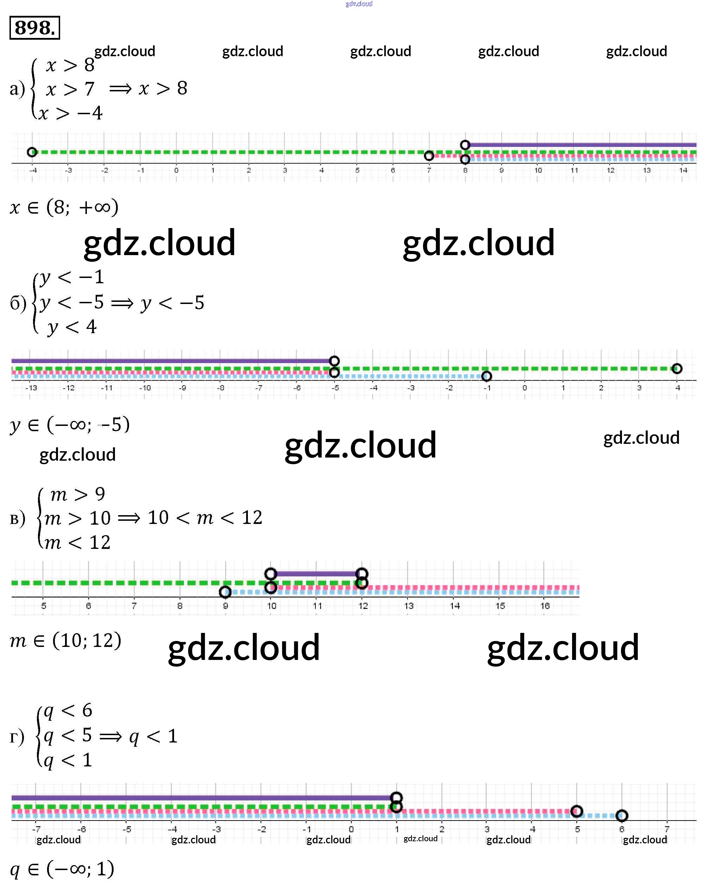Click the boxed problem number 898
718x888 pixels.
34,28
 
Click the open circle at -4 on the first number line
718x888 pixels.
32,152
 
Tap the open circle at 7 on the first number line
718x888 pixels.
429,155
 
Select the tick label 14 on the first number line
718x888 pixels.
683,170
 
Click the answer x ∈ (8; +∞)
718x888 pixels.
64,207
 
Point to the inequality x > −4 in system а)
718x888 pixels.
70,113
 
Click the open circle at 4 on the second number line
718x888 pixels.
677,368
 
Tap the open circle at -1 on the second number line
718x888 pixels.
487,376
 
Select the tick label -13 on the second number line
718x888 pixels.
31,388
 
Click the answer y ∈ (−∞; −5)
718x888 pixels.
70,424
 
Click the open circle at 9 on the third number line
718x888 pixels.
225,592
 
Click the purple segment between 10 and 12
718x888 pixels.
316,574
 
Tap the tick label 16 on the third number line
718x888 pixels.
545,605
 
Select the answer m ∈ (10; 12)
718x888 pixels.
65,640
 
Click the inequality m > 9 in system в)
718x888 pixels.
78,494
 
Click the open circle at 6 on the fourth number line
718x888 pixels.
622,815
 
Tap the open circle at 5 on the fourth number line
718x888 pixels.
577,811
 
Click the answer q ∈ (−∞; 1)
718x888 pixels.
62,869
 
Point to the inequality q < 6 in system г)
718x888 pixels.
68,711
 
